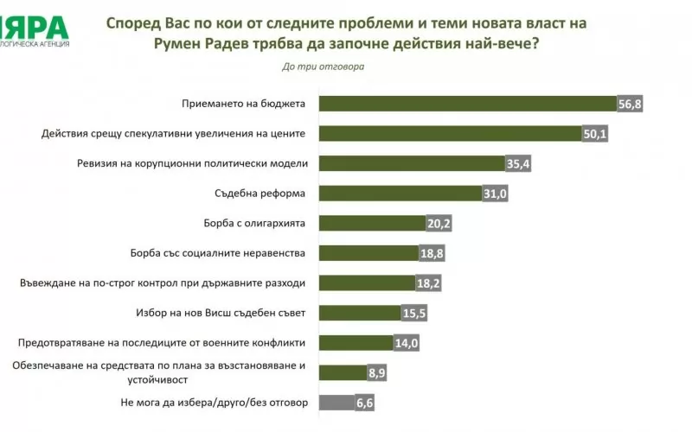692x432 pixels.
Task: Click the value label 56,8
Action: (x=630, y=105)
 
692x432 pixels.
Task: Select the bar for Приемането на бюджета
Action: (x=468, y=104)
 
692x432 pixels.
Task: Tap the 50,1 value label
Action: (x=595, y=134)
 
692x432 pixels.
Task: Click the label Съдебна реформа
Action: (x=260, y=194)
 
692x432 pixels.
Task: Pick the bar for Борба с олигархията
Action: (x=373, y=224)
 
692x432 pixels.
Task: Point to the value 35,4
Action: (x=518, y=164)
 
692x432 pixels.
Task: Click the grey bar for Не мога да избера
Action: (x=337, y=403)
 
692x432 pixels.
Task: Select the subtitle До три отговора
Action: (x=324, y=67)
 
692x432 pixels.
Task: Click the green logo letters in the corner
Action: (x=35, y=28)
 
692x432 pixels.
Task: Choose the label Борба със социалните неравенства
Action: (x=218, y=253)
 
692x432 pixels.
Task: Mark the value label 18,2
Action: (x=428, y=283)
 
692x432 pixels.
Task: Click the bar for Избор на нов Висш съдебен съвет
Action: (x=360, y=313)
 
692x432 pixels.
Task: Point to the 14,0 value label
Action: (x=406, y=343)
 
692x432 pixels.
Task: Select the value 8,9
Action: (x=377, y=373)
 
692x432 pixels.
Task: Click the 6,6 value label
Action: (x=364, y=403)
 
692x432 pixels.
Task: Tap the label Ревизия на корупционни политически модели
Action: (x=192, y=163)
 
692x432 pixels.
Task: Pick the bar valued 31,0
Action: (x=400, y=194)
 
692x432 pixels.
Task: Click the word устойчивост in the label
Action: (x=157, y=380)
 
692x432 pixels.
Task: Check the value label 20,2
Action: (x=439, y=224)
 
